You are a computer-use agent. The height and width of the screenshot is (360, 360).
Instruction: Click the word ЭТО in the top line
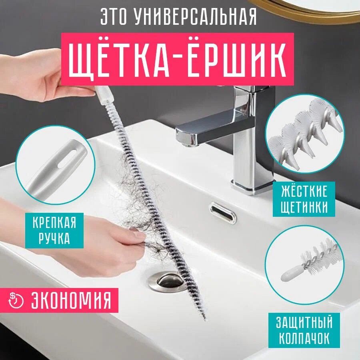(114, 16)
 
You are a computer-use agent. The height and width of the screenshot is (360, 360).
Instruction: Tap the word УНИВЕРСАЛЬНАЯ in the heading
(195, 16)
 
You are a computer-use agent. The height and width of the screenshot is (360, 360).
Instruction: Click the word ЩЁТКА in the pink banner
(119, 60)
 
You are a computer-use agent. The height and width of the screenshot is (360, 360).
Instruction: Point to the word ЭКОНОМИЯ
(71, 300)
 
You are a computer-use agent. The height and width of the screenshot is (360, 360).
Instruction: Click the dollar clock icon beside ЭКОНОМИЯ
(16, 300)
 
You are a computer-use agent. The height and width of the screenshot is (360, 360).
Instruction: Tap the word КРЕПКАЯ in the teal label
(54, 222)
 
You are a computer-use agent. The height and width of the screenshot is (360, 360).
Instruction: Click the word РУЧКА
(54, 238)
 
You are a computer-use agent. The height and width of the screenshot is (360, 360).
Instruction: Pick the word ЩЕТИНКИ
(304, 207)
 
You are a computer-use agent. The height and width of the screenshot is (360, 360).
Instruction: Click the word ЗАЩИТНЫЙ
(304, 322)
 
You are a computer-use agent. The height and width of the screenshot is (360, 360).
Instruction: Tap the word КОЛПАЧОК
(304, 338)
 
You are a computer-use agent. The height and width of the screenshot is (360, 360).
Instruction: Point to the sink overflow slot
(222, 213)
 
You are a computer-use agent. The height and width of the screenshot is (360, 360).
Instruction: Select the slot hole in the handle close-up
(67, 157)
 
